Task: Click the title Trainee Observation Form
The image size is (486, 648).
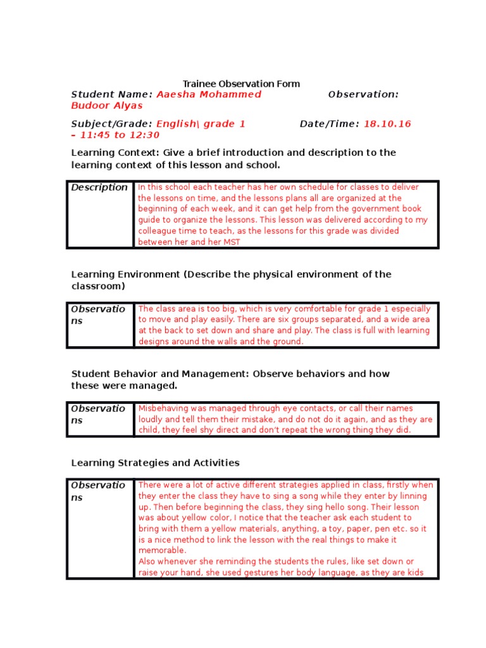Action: tap(241, 84)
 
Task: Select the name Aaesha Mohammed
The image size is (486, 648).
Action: tap(209, 94)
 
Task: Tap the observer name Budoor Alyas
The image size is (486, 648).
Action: tap(107, 106)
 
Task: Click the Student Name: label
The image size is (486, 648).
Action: tap(111, 94)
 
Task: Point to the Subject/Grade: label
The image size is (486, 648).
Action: tap(111, 124)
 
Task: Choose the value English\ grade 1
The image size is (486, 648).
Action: tap(201, 124)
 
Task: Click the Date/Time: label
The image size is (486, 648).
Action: tap(329, 124)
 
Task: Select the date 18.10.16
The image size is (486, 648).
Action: tap(387, 124)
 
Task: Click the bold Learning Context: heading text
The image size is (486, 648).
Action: tap(116, 153)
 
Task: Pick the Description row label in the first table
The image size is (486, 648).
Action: tap(99, 187)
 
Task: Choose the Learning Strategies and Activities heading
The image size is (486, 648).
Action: tap(155, 463)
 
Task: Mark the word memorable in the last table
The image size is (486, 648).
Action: tap(161, 551)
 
